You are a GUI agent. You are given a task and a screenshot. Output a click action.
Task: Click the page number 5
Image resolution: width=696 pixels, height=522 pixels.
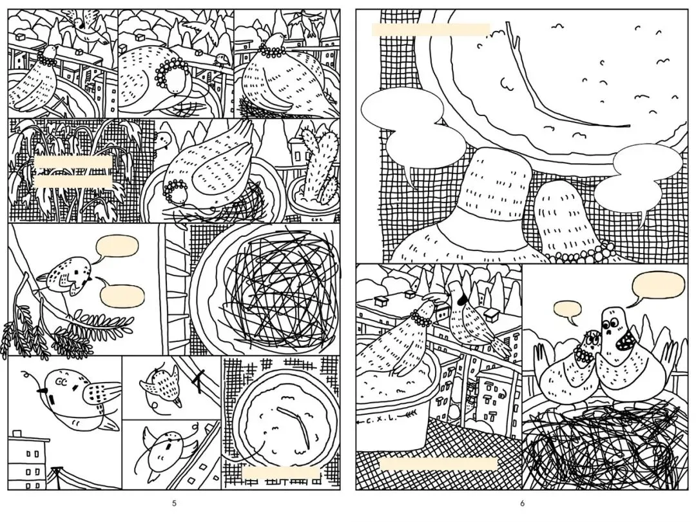click(x=174, y=503)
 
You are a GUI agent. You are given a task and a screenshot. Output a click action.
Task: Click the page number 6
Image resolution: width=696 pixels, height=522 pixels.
click(x=523, y=503)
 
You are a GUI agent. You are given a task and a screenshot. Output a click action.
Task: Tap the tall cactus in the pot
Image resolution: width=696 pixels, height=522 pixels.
click(x=318, y=165)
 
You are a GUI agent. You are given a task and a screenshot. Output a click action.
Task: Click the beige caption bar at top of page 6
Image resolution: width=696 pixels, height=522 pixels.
click(x=430, y=30)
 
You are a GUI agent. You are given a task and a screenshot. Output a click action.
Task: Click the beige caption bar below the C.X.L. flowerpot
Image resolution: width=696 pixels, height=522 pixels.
click(x=439, y=464)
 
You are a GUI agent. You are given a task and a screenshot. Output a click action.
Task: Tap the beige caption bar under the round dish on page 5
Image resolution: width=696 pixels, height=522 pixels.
click(x=281, y=473)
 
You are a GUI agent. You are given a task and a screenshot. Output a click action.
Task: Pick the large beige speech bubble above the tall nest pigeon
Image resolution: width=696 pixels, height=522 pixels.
click(x=659, y=285)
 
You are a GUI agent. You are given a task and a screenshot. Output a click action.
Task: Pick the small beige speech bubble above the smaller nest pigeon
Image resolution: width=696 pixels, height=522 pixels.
click(x=568, y=310)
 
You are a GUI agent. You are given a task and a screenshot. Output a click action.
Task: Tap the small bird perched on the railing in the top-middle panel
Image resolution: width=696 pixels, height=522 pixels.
click(x=221, y=59)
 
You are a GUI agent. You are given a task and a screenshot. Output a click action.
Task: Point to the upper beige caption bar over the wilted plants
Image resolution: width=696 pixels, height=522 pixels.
click(x=73, y=162)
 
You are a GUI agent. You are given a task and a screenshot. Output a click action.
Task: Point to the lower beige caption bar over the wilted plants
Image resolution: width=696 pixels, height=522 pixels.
click(x=73, y=181)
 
